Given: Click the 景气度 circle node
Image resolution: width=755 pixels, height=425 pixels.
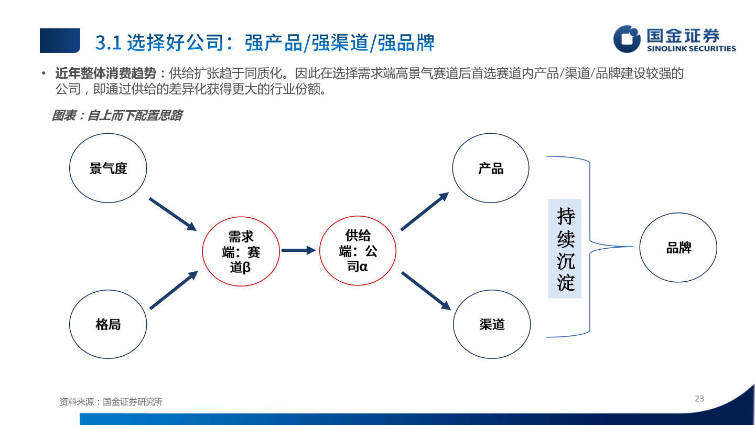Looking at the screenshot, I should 108,168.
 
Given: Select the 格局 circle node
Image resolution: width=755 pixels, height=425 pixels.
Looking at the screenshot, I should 108,324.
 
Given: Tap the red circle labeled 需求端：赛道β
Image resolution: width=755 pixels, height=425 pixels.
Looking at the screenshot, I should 241,252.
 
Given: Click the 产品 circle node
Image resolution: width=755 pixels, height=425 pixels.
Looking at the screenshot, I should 491,168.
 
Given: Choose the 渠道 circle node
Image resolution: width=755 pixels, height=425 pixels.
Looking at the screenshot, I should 492,324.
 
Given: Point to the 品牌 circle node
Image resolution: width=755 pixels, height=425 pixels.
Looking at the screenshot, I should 678,248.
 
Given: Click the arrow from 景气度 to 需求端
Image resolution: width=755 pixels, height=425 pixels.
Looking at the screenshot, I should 172,214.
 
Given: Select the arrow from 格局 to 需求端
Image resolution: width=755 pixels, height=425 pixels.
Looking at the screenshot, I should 174,290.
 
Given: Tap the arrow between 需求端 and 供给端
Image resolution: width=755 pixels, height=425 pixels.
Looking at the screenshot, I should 298,250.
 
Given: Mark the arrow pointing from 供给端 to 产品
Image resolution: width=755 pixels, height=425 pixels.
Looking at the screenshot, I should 425,211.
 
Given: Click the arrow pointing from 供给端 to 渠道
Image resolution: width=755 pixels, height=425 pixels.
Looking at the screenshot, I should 426,291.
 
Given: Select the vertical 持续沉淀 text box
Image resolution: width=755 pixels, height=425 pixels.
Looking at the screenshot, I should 565,249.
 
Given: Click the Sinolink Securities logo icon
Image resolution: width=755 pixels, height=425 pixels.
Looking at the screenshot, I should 627,39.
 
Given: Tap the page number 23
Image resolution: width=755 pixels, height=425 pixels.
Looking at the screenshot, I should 699,399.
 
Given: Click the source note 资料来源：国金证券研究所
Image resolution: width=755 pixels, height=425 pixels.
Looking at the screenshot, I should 111,402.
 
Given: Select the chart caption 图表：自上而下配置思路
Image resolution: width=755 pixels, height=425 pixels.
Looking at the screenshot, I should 116,115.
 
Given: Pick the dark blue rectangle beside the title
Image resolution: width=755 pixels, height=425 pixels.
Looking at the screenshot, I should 60,40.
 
